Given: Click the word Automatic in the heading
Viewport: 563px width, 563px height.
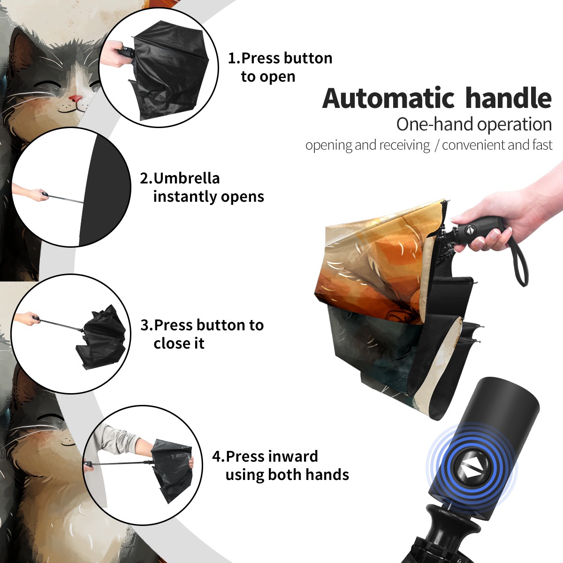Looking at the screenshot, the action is [388, 99].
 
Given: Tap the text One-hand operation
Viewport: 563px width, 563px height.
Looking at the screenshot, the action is [474, 124].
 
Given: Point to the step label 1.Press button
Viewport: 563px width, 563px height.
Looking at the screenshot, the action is [280, 58].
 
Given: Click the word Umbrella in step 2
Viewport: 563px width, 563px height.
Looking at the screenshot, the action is [186, 178].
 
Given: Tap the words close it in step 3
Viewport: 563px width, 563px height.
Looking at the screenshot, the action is [179, 343].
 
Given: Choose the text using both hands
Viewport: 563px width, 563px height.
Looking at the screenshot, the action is [287, 475].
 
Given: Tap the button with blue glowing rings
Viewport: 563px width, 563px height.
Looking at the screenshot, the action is [471, 471].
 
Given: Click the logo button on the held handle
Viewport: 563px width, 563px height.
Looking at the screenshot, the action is [470, 230].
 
